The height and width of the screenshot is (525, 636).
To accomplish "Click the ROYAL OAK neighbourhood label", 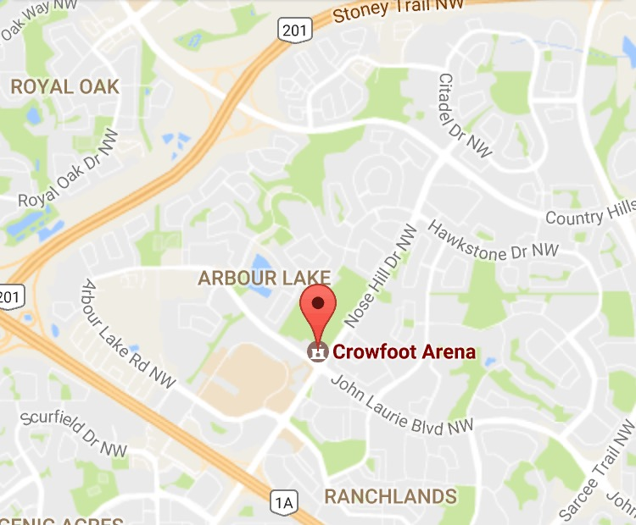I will (64, 86).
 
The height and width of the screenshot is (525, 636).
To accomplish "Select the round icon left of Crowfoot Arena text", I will (318, 351).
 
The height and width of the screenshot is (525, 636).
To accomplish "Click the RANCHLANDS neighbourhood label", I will (390, 495).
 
